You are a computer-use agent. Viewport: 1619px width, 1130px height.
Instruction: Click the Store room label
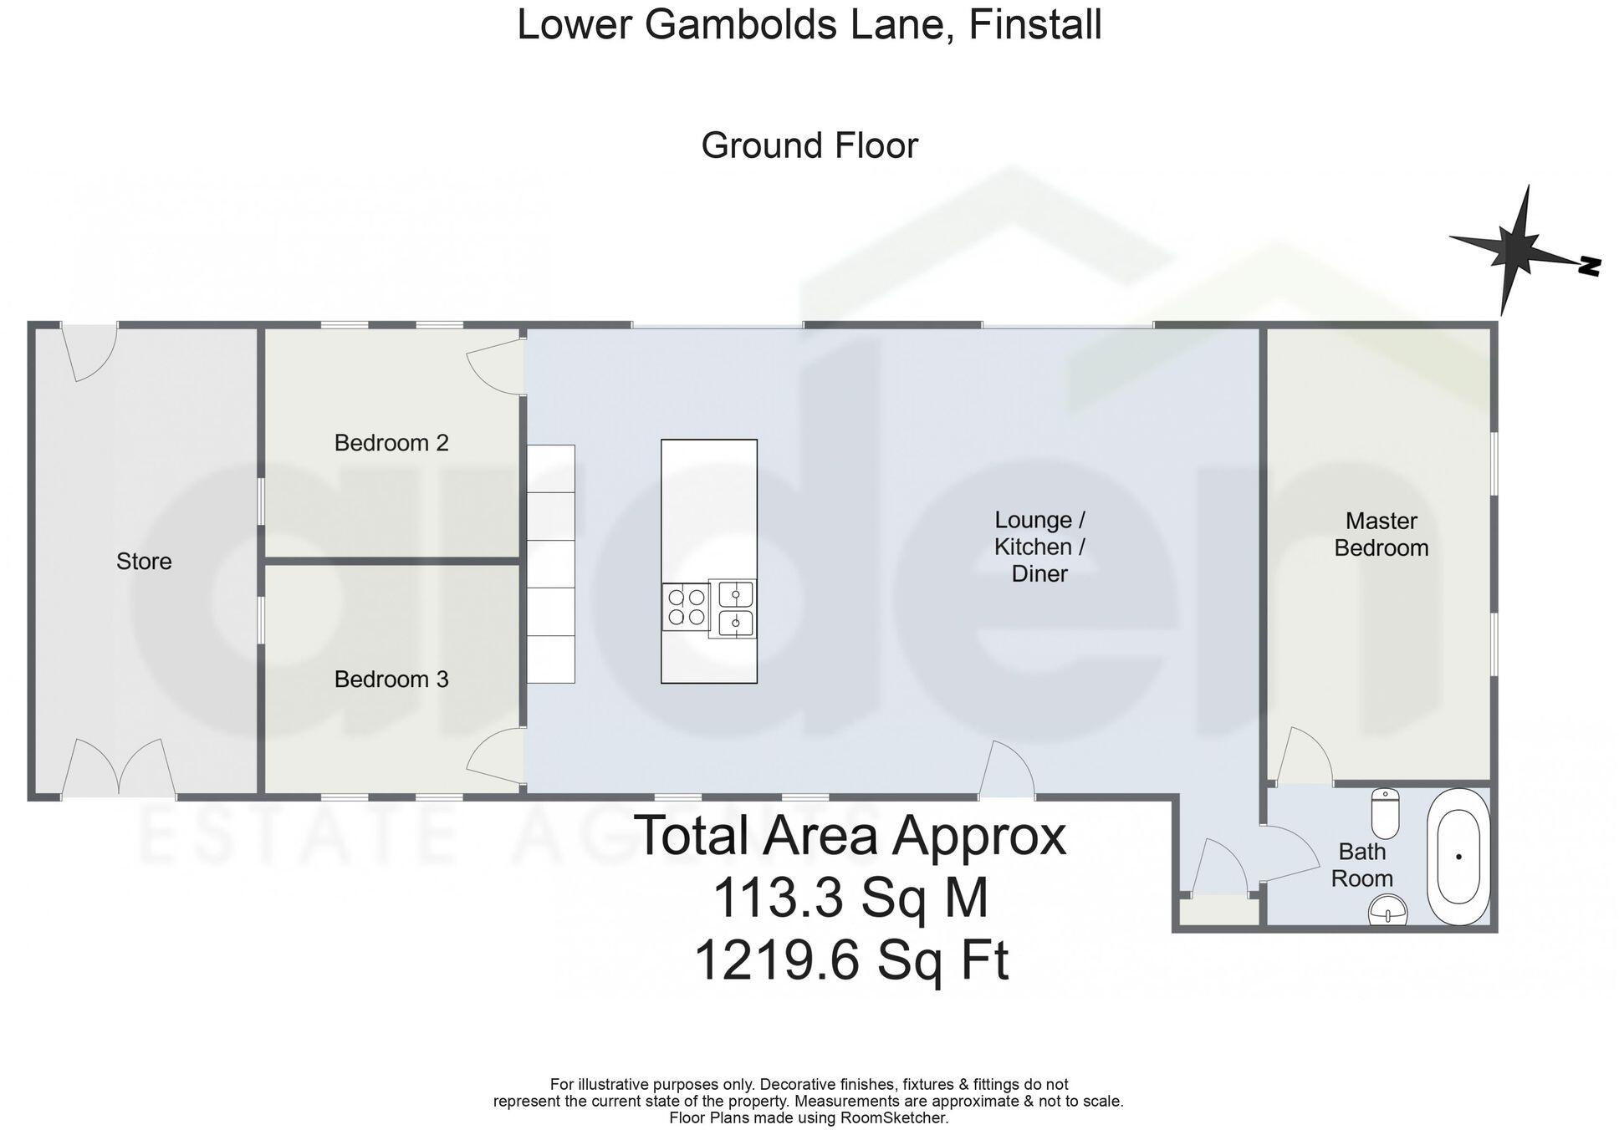tap(144, 561)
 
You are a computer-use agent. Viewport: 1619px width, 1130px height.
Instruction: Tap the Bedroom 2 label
tap(391, 442)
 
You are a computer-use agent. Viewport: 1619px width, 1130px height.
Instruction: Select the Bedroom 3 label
tap(391, 679)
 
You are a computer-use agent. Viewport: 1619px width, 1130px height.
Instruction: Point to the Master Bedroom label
tap(1381, 534)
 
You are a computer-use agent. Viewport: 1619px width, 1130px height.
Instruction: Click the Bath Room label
tap(1361, 865)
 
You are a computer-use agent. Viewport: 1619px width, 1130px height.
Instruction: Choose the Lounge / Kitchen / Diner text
tap(1039, 547)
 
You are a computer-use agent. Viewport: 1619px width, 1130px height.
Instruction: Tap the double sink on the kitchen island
tap(733, 608)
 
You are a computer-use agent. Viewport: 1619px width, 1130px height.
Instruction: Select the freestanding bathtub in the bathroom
tap(1458, 857)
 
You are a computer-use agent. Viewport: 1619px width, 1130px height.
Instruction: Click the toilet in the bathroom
tap(1385, 813)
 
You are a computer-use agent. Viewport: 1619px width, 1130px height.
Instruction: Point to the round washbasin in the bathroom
tap(1388, 909)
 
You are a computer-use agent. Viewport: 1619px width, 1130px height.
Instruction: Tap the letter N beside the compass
tap(1589, 267)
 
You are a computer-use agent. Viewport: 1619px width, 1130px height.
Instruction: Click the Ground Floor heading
tap(809, 145)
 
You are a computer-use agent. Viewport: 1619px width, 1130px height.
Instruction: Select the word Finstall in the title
tap(1034, 24)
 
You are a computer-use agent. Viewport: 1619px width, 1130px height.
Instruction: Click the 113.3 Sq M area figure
tap(850, 898)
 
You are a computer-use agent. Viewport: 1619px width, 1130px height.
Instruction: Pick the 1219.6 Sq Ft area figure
tap(851, 960)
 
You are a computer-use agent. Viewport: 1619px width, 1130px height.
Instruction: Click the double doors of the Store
tap(118, 767)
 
